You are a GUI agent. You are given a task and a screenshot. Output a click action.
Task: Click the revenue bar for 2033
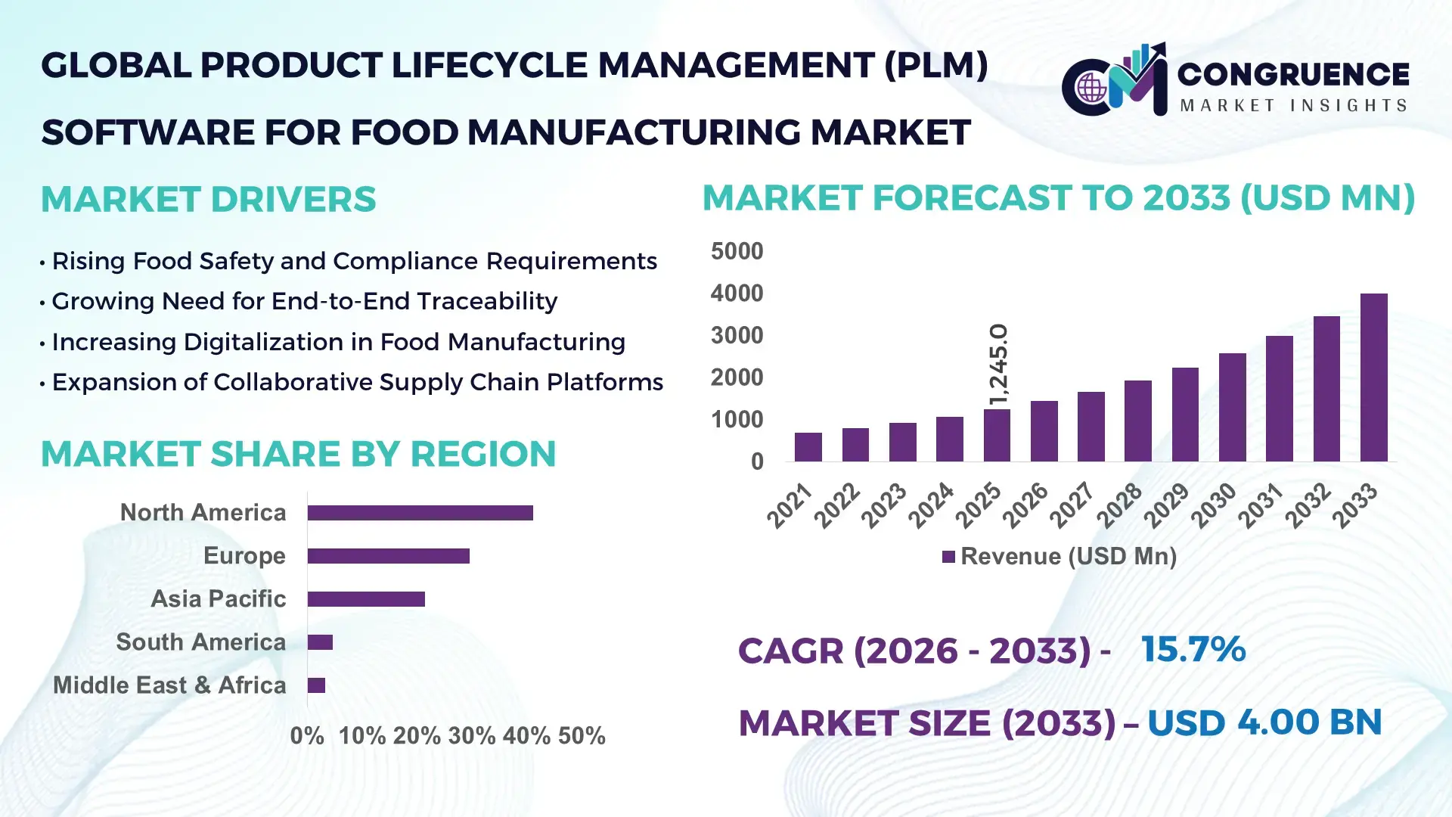pyautogui.click(x=1373, y=378)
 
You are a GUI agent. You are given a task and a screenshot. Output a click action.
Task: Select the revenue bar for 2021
pyautogui.click(x=808, y=447)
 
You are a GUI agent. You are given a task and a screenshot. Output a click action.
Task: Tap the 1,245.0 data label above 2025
pyautogui.click(x=998, y=364)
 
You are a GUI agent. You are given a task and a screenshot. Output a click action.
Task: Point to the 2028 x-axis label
pyautogui.click(x=1120, y=505)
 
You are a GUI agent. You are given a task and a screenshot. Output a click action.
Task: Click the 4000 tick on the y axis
pyautogui.click(x=737, y=294)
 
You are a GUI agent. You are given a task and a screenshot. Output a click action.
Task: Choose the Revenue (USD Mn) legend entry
pyautogui.click(x=1060, y=557)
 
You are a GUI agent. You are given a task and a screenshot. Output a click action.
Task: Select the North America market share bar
pyautogui.click(x=420, y=513)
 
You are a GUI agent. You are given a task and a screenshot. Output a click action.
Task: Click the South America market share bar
pyautogui.click(x=320, y=642)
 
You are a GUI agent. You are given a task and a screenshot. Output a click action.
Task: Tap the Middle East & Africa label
pyautogui.click(x=169, y=685)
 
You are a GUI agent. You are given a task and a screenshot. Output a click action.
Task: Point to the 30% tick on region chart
pyautogui.click(x=471, y=736)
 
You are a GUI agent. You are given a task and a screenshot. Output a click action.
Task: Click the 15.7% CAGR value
pyautogui.click(x=1193, y=649)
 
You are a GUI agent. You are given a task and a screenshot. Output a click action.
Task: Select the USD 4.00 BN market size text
pyautogui.click(x=1264, y=722)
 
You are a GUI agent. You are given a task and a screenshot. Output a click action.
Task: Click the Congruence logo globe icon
pyautogui.click(x=1091, y=88)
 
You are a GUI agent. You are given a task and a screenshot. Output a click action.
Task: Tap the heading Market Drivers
pyautogui.click(x=208, y=200)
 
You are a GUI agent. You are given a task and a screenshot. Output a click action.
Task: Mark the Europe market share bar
pyautogui.click(x=388, y=556)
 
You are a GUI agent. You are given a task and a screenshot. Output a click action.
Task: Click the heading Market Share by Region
pyautogui.click(x=298, y=454)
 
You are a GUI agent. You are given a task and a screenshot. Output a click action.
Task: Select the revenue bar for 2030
pyautogui.click(x=1232, y=408)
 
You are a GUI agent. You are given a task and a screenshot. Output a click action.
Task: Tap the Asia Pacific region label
pyautogui.click(x=218, y=599)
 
